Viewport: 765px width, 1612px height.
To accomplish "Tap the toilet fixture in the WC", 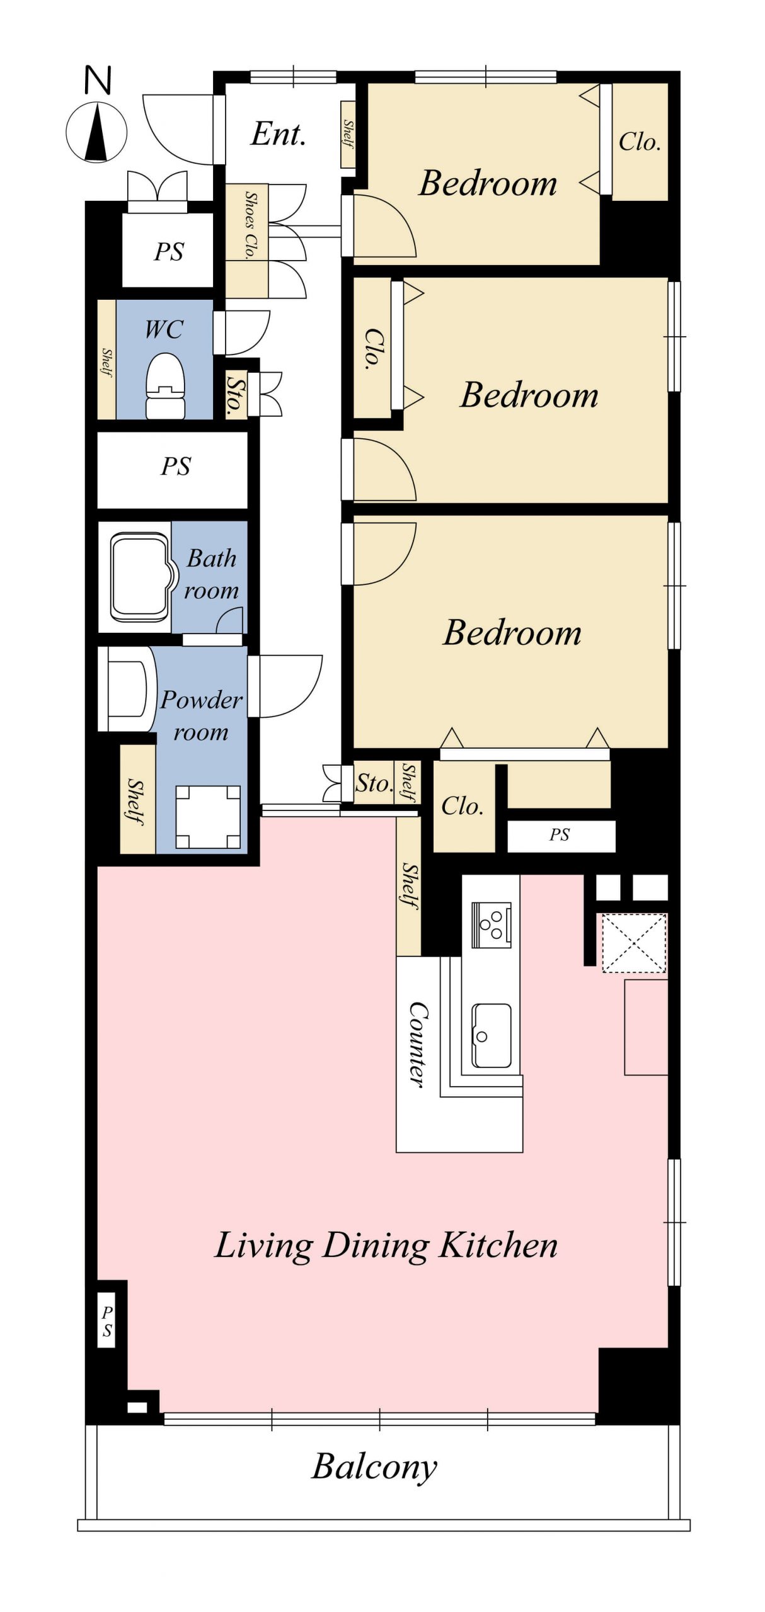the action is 165,385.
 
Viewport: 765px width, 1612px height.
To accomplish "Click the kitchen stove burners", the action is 492,924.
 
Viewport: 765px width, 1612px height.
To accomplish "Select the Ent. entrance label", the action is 279,133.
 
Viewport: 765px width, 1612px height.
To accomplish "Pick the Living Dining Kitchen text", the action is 386,1246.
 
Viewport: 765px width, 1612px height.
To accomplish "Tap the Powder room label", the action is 201,716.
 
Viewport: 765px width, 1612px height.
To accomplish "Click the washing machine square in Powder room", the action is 208,817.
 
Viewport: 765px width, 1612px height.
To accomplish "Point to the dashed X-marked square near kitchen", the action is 634,943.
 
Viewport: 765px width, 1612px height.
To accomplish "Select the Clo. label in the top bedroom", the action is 640,142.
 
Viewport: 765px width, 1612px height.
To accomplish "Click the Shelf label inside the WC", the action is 106,363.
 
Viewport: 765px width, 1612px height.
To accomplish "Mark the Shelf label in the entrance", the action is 348,134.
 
